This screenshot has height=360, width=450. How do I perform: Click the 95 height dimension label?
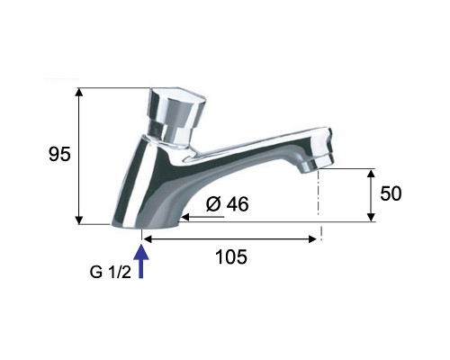pyautogui.click(x=59, y=155)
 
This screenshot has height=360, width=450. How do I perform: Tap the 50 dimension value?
pyautogui.click(x=391, y=193)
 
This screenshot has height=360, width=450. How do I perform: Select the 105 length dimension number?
pyautogui.click(x=231, y=257)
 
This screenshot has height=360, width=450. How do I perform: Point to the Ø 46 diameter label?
pyautogui.click(x=228, y=204)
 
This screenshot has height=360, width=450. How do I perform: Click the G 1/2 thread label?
pyautogui.click(x=111, y=273)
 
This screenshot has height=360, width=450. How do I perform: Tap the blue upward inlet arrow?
pyautogui.click(x=141, y=262)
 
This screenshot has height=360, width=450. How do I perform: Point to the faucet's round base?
pyautogui.click(x=146, y=223)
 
